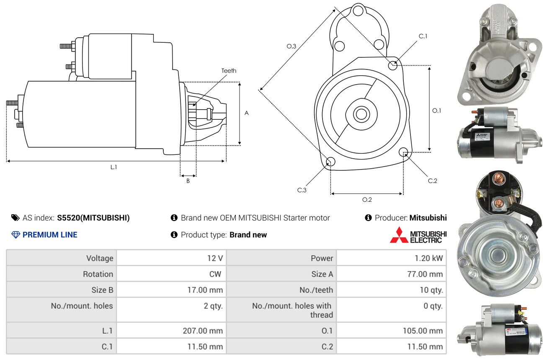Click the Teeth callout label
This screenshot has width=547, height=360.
229,71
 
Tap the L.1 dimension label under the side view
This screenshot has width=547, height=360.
114,167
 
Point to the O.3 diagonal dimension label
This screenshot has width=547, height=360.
292,46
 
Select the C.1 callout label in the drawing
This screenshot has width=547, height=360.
423,36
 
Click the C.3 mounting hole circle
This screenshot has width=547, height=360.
330,161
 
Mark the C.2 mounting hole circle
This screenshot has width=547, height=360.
403,152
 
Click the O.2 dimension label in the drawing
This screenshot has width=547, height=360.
367,200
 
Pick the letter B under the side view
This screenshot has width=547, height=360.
188,181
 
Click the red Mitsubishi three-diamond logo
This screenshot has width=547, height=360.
399,235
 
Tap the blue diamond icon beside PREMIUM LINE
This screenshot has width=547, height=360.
16,235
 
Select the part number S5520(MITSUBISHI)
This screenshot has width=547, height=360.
93,218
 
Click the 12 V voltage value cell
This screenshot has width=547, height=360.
171,258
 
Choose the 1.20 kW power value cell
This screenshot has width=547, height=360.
392,258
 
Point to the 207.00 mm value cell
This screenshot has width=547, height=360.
171,330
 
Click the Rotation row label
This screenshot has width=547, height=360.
98,274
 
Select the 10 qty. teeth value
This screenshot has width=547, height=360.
431,290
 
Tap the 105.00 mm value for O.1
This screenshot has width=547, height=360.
423,331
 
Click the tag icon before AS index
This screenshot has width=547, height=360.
15,218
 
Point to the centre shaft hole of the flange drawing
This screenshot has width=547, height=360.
361,114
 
